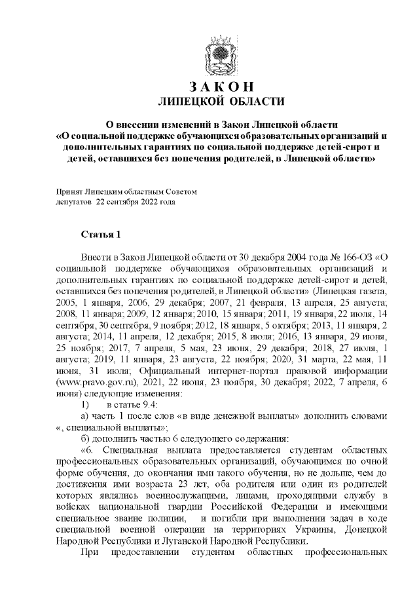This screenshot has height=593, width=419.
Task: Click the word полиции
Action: point(166,521)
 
